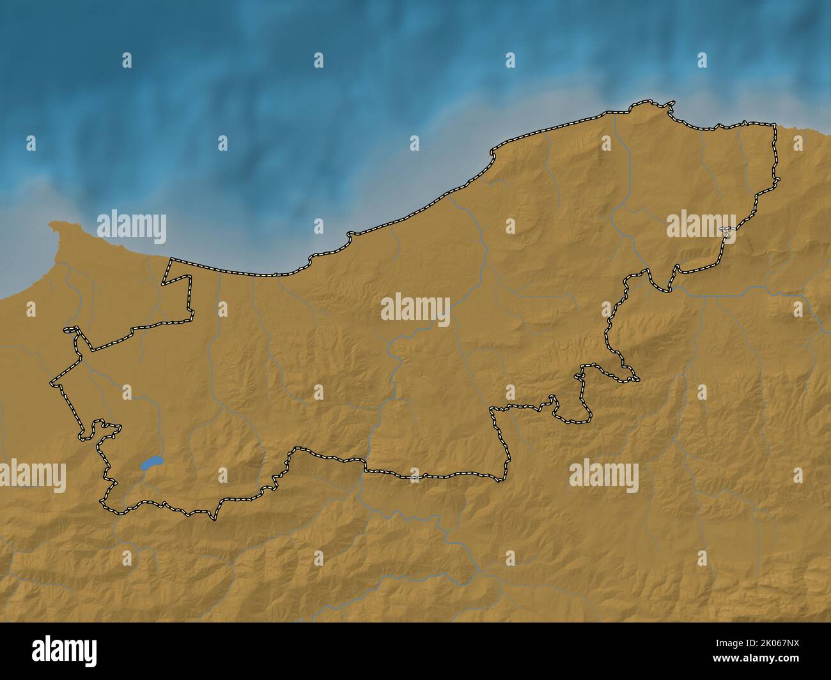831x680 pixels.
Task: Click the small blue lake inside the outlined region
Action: coord(151,462)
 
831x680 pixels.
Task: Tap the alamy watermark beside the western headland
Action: coord(132,227)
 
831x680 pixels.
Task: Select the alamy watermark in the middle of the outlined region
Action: coord(415,308)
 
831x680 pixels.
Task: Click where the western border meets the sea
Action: coord(171,259)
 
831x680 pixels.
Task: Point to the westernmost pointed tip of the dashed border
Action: coord(51,383)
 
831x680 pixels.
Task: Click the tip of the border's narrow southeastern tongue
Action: coord(638,379)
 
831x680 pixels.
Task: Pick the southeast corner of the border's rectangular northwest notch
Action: coord(192,317)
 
